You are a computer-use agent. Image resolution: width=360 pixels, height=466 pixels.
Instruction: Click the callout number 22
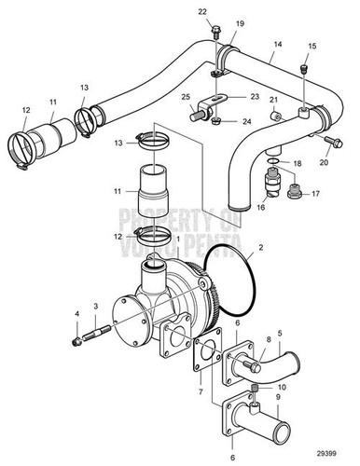[202, 11]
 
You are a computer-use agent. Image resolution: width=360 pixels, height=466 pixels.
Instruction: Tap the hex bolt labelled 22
[214, 34]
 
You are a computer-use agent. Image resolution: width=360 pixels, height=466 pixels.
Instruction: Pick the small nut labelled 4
[76, 338]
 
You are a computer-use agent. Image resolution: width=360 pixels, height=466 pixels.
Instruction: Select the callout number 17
[314, 194]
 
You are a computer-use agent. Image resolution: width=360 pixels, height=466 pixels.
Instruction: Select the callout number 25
[185, 97]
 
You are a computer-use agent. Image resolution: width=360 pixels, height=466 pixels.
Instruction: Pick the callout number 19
[239, 22]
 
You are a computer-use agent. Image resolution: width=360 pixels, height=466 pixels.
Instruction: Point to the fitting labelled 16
[271, 187]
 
